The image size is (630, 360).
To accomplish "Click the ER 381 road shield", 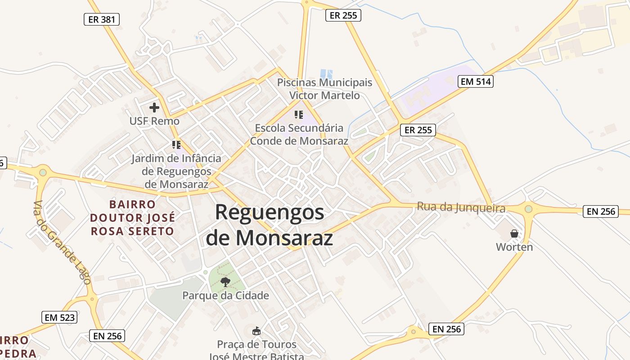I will [102, 19].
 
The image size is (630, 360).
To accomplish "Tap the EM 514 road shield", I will [475, 81].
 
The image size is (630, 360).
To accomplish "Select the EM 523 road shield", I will [59, 317].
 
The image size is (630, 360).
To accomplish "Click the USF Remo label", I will [154, 121].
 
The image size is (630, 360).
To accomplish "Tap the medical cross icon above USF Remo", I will [154, 108].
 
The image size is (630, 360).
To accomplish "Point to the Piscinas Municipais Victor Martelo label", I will [324, 89].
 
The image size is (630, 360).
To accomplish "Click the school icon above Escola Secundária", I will [299, 115].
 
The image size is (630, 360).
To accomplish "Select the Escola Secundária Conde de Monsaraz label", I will [299, 134].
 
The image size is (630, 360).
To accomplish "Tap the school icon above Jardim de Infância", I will [176, 145].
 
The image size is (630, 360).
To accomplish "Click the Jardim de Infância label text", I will [176, 171].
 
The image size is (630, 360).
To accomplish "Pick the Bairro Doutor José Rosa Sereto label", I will [132, 218].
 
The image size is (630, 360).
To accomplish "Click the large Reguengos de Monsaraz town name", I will [270, 225].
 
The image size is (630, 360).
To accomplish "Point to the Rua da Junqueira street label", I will [461, 207].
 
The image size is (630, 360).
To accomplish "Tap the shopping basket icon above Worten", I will [514, 234].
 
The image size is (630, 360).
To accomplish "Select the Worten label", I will [514, 247].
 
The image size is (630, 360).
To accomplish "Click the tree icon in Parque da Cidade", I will [225, 282].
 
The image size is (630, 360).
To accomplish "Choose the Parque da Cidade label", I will [225, 296].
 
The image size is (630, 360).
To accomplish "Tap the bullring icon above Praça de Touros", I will [256, 331].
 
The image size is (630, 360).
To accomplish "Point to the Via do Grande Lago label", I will [62, 242].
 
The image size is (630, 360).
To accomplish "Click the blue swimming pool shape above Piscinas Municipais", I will [326, 73].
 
